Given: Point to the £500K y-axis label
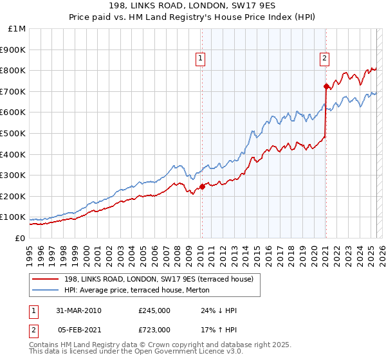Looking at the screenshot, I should tap(13, 134).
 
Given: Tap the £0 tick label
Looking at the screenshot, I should tap(21, 238).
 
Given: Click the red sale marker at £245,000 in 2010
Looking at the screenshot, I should tap(202, 187).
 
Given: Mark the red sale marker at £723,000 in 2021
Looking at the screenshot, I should tap(326, 86).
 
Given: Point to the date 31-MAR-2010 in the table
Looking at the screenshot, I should tap(78, 310).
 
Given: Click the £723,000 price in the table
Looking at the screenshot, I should tap(154, 330).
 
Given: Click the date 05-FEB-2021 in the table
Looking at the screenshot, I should tap(78, 330).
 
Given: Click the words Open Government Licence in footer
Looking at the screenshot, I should tap(183, 353).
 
